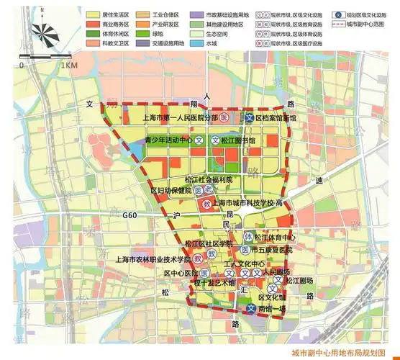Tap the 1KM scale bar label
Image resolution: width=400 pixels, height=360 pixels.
tap(69, 66)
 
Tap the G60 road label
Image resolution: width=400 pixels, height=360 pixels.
tap(129, 215)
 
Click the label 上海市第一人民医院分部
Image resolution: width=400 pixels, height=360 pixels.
tap(180, 117)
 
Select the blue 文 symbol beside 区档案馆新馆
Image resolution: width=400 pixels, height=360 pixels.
tap(248, 117)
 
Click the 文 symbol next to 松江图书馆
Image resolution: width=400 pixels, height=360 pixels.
tap(214, 141)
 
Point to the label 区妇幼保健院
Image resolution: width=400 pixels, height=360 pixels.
tap(171, 191)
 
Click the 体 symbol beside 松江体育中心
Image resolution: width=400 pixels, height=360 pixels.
tap(248, 236)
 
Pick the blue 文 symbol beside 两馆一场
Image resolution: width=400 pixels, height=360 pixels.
tap(250, 309)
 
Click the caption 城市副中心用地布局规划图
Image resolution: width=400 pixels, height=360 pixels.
tap(340, 353)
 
